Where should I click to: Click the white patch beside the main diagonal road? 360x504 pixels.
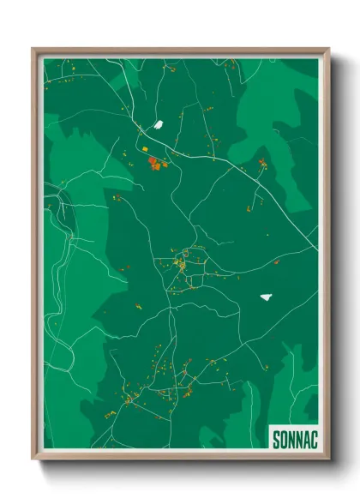pyautogui.click(x=158, y=125)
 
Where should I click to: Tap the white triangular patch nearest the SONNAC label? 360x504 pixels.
pyautogui.click(x=267, y=297)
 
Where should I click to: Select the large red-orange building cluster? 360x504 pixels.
pyautogui.click(x=155, y=163)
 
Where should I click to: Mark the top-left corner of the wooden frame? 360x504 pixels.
pyautogui.click(x=33, y=49)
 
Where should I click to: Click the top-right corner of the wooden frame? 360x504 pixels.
pyautogui.click(x=328, y=49)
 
